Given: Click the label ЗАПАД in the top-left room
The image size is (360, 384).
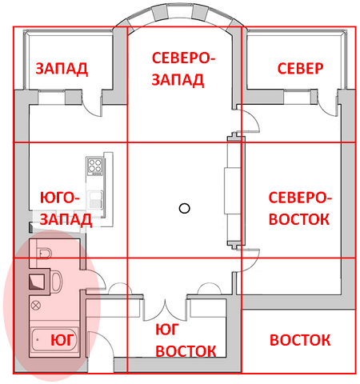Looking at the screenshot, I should click(62, 69).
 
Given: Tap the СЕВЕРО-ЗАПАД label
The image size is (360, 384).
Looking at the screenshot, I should click(183, 69).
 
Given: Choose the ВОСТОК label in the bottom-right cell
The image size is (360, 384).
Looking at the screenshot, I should click(299, 340).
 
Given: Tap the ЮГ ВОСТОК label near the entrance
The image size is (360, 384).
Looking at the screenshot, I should click(186, 340).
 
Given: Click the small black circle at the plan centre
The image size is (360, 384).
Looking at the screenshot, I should click(184, 209).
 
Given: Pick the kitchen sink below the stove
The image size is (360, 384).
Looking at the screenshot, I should click(96, 197).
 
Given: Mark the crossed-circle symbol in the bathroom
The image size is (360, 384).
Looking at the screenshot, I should click(35, 304).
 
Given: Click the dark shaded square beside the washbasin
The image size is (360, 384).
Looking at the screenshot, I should click(37, 282).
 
